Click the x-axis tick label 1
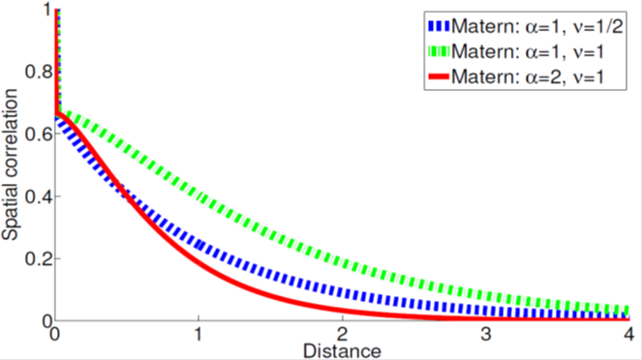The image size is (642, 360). (199, 335)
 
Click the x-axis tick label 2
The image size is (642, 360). (342, 335)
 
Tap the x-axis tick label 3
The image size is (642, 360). (486, 335)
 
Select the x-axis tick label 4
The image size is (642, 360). (629, 335)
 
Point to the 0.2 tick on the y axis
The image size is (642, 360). (39, 258)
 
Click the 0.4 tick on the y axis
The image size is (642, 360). (39, 196)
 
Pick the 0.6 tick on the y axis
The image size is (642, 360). (39, 134)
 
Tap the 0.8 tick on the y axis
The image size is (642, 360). (39, 72)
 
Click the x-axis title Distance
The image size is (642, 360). (342, 351)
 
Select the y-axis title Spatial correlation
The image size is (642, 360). (10, 165)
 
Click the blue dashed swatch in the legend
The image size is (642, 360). (439, 26)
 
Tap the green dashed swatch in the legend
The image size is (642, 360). (439, 51)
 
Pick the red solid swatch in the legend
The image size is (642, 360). (439, 76)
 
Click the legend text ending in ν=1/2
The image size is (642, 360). (537, 26)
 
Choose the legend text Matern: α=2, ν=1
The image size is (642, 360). (528, 76)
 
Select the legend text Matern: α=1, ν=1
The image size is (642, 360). (528, 51)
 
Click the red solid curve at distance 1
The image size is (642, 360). (199, 262)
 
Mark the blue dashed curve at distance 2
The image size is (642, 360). (342, 292)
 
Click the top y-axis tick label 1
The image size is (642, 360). (47, 10)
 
